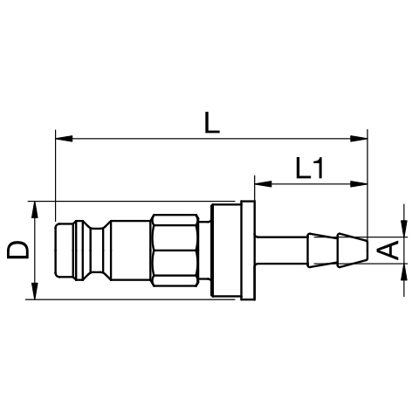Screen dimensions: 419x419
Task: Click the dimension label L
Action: pos(212,122)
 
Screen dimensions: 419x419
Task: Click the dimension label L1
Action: pos(309,168)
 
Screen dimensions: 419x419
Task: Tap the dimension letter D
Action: pos(18,250)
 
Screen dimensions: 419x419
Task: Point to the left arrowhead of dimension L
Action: pos(64,139)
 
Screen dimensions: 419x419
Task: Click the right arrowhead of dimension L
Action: pos(359,139)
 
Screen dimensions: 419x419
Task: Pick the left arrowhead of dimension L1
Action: pos(263,184)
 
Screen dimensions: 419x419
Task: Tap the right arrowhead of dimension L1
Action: pos(359,184)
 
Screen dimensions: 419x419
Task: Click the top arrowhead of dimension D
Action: pos(35,209)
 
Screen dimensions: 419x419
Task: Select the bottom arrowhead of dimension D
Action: pos(35,291)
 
